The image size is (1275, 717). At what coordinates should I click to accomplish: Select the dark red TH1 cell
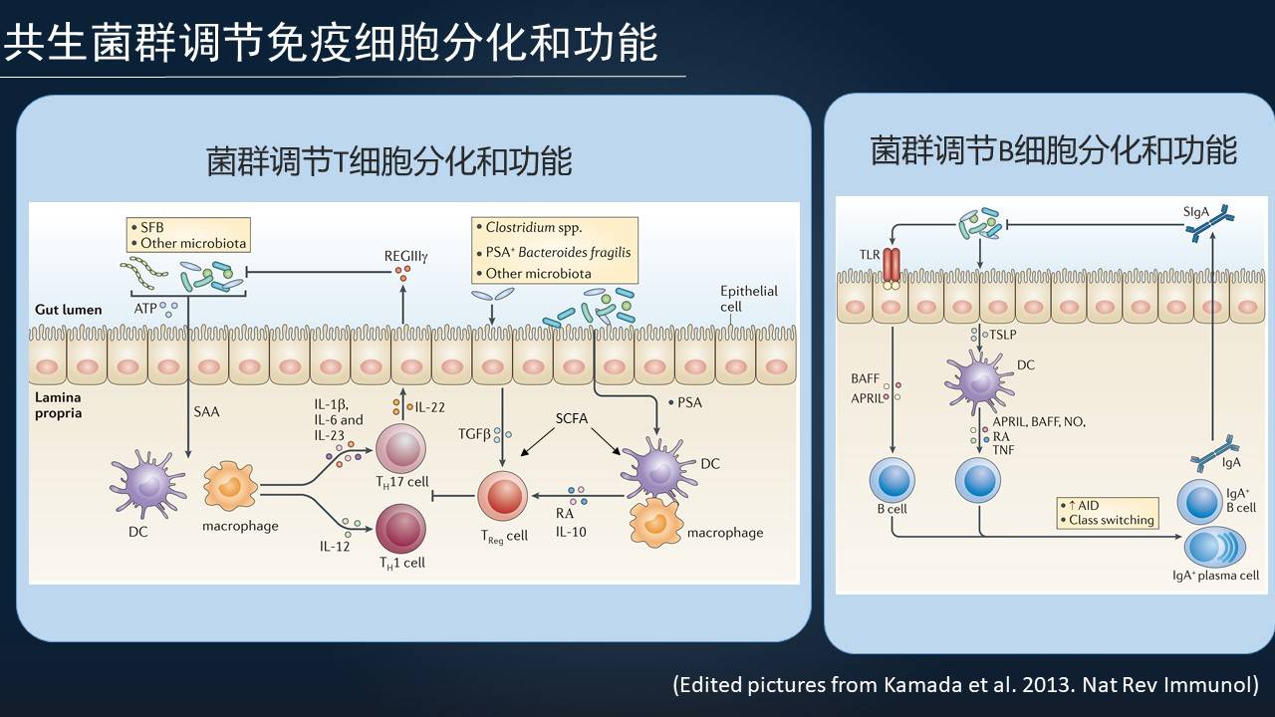[x=400, y=528]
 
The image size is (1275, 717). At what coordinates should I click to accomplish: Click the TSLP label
[x=1002, y=336]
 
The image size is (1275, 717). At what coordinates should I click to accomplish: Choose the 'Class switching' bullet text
[x=1111, y=520]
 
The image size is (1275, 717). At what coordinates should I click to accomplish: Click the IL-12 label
[x=335, y=547]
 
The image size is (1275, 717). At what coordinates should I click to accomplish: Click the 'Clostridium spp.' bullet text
[x=533, y=227]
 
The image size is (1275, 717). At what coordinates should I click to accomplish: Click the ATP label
[x=144, y=309]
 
